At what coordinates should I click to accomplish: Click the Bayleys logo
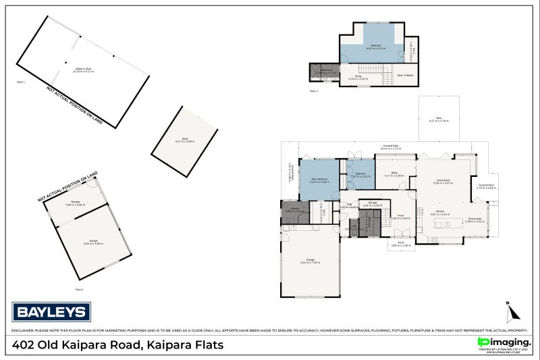(51, 311)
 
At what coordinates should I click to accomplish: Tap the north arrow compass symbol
(512, 313)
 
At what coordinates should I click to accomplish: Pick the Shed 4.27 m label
(184, 140)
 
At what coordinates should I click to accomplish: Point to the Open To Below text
(405, 75)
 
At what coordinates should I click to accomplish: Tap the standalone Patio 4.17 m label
(438, 120)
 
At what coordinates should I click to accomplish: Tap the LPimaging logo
(503, 343)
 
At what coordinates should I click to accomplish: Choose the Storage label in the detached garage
(74, 203)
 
